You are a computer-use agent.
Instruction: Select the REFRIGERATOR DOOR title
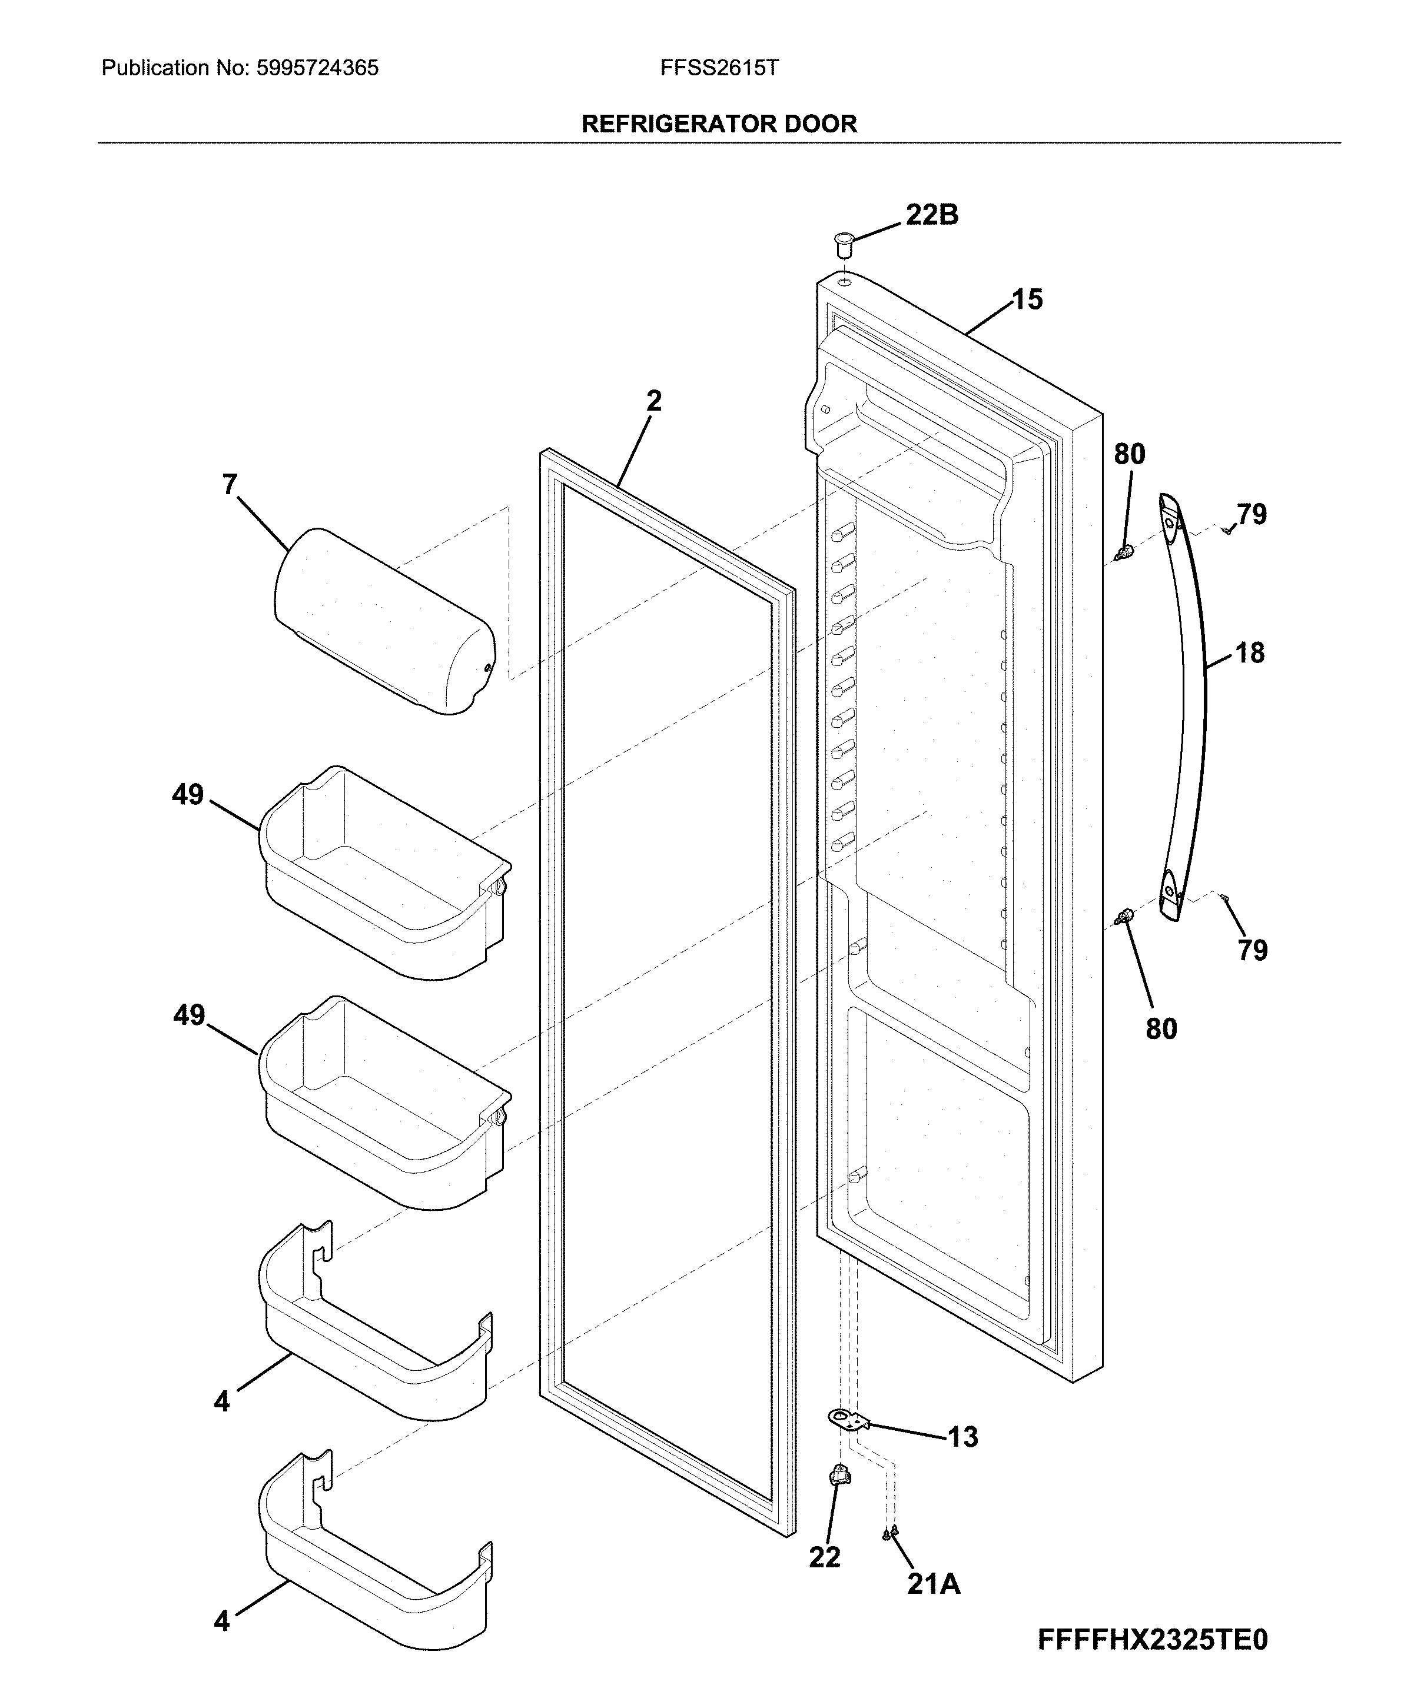(719, 124)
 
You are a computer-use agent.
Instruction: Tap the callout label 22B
(932, 215)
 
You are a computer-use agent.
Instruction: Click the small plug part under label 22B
(844, 241)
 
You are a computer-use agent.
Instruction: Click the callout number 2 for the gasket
(654, 401)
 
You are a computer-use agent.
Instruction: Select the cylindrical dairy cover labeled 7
(383, 621)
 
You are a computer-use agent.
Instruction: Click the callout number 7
(230, 485)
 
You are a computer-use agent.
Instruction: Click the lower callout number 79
(1252, 950)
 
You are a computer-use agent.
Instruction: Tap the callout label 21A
(934, 1583)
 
